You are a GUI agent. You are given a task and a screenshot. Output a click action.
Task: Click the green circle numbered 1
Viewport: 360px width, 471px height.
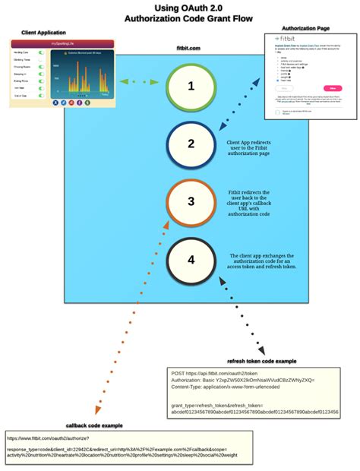pos(191,87)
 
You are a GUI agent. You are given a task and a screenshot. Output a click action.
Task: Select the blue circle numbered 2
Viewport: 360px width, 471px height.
pos(191,144)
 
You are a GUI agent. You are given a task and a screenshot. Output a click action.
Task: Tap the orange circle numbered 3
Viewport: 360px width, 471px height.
pos(191,202)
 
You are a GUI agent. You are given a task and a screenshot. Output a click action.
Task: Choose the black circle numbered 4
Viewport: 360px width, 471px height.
pos(191,260)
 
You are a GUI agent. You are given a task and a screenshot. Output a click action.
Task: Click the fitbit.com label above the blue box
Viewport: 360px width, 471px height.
pos(188,48)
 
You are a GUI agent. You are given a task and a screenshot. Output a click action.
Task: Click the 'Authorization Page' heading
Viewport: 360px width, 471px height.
pos(306,28)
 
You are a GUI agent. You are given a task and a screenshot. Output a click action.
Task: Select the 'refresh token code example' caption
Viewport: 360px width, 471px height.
pos(261,361)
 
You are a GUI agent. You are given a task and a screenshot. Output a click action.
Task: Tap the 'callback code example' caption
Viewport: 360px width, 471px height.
pos(93,425)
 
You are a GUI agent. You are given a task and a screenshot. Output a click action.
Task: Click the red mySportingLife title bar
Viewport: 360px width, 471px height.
pos(62,45)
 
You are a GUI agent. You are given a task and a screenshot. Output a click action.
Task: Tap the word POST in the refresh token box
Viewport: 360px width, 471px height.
pos(178,374)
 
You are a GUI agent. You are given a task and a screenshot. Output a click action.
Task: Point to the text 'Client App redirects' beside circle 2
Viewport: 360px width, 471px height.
pos(248,141)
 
